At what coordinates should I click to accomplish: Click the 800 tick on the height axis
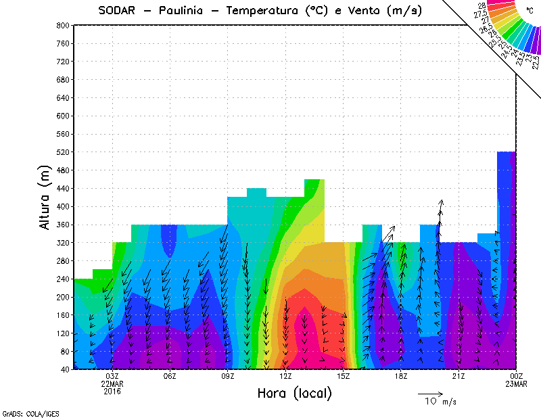63,26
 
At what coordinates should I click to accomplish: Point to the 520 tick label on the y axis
63,152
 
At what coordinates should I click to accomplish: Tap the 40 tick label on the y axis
65,369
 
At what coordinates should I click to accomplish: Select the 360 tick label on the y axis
63,225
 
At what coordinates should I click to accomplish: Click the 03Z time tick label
112,376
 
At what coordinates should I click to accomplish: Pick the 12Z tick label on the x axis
285,376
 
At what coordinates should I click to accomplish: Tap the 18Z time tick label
401,376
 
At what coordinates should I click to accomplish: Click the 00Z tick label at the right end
517,376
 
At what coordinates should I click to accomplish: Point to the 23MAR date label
517,384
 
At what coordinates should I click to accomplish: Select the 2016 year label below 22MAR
112,391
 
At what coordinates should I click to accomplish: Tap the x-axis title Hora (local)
295,393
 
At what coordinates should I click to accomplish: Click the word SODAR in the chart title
120,10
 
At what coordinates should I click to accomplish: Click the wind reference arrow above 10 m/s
430,393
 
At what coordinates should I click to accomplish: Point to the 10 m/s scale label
440,402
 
